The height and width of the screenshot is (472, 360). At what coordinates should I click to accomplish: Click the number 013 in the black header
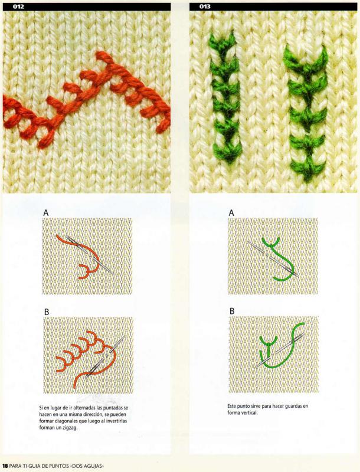[x=205, y=6]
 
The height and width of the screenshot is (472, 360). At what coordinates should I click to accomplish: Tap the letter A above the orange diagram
[x=46, y=213]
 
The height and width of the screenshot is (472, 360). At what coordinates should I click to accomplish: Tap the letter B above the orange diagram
[x=47, y=312]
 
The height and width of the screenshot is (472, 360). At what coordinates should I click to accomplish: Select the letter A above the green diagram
[x=231, y=213]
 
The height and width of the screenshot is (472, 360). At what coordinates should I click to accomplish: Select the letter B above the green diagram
[x=232, y=311]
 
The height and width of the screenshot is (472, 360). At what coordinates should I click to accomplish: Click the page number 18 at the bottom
[x=5, y=466]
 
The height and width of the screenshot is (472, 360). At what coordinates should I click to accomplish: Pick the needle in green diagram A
[x=273, y=259]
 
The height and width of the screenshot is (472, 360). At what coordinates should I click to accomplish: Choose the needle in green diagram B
[x=279, y=350]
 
